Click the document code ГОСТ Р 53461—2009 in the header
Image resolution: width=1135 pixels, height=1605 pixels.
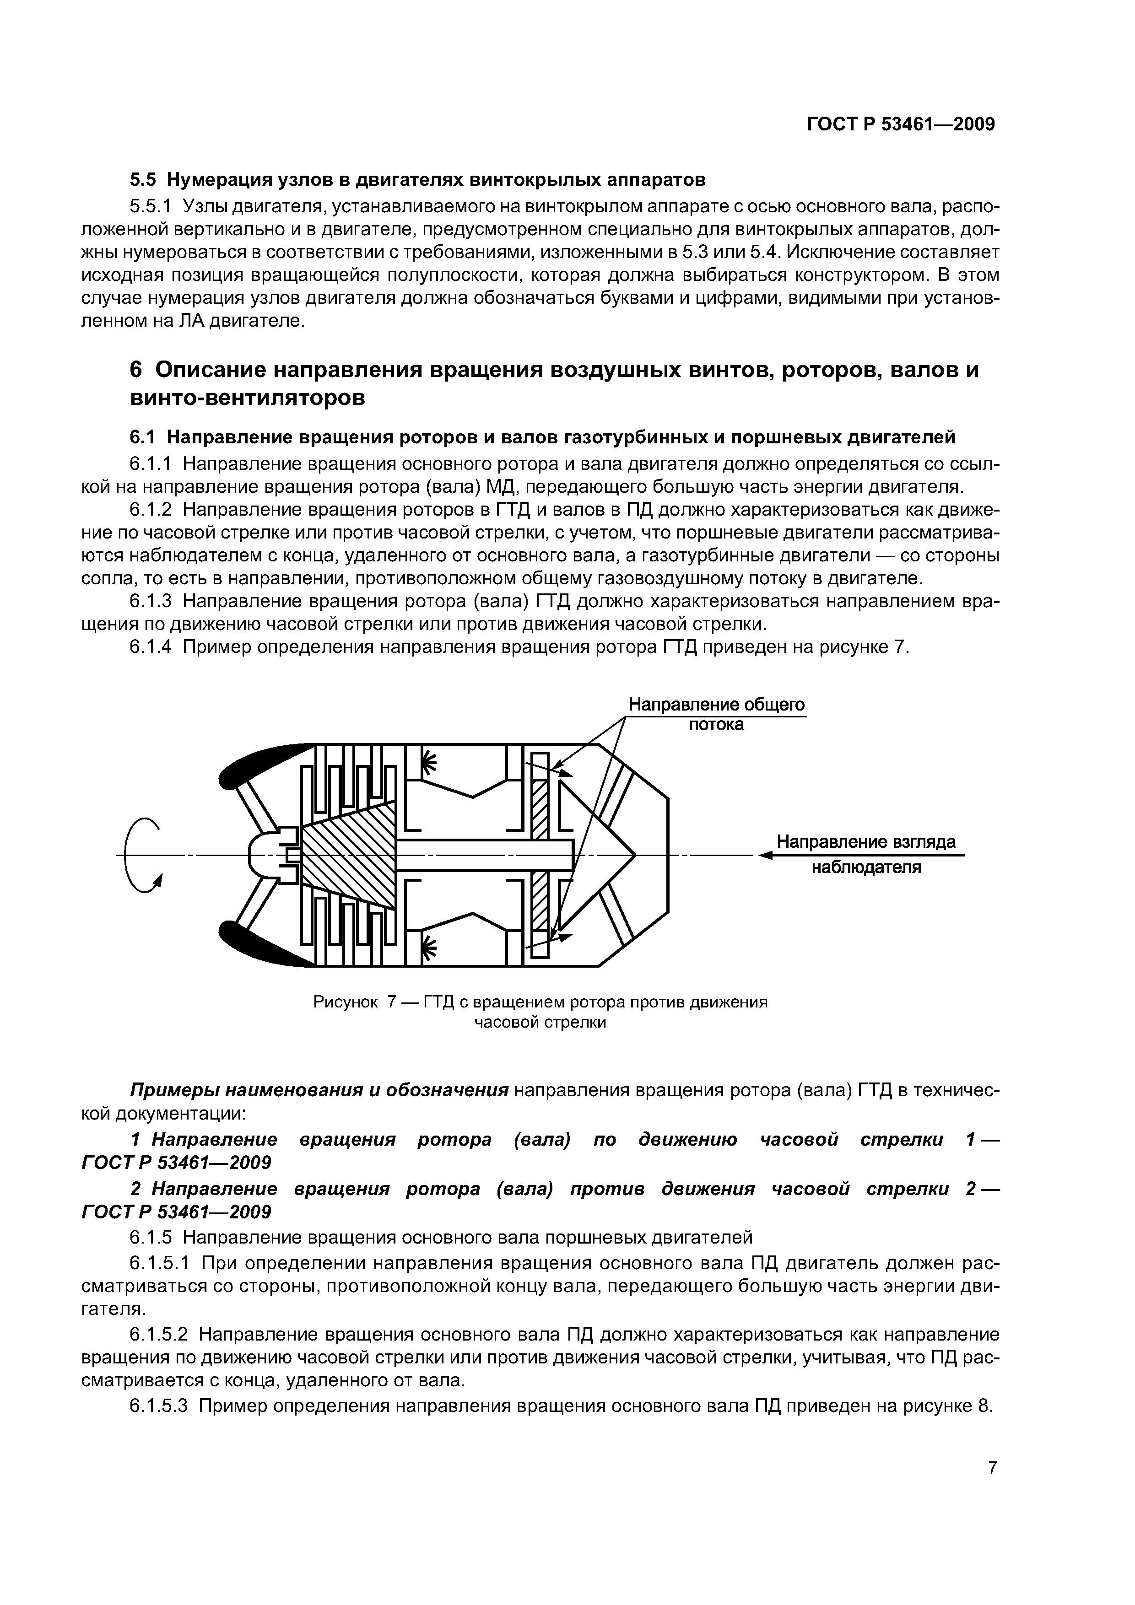click(x=901, y=124)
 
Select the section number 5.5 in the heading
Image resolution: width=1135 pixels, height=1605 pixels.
click(x=143, y=180)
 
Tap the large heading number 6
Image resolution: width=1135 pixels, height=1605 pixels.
click(x=136, y=369)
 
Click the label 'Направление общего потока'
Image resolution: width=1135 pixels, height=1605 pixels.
click(x=716, y=714)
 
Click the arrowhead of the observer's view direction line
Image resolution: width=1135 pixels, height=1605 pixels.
click(x=766, y=855)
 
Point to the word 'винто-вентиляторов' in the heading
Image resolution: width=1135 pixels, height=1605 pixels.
click(x=248, y=399)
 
